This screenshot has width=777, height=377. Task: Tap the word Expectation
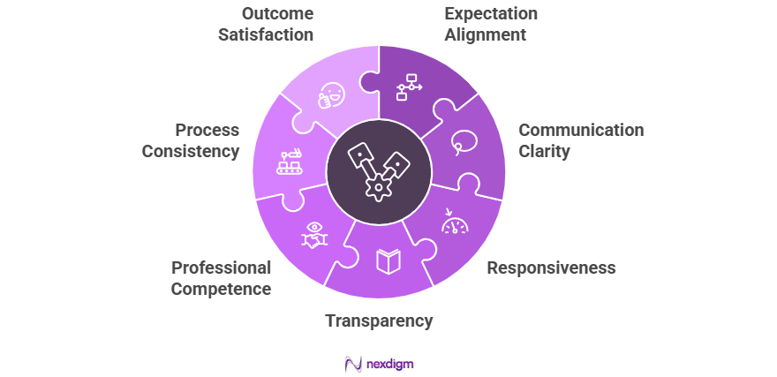click(x=491, y=14)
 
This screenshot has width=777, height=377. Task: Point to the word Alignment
click(x=486, y=35)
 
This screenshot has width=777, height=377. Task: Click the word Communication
click(x=581, y=130)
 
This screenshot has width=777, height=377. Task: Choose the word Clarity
click(x=544, y=151)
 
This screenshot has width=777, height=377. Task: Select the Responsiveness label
click(x=551, y=268)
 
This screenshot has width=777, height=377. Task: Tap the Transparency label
click(x=379, y=320)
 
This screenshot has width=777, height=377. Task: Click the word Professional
click(x=221, y=268)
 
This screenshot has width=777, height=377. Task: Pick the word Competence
click(x=221, y=289)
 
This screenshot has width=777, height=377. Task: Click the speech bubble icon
click(x=464, y=142)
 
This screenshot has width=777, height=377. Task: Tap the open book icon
click(x=388, y=261)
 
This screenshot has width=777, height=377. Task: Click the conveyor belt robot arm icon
click(x=290, y=161)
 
